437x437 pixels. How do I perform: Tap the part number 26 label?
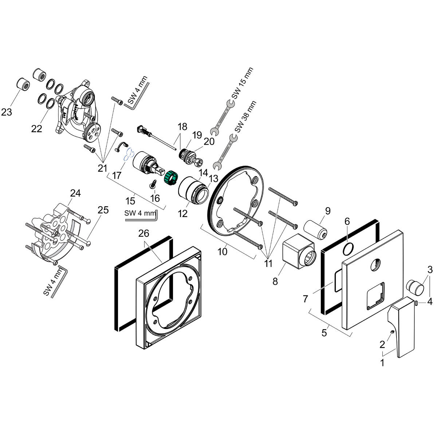coord(144,233)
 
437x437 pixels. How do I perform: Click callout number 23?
coord(7,112)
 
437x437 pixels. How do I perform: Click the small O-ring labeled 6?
coord(348,249)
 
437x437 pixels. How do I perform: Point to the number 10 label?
coord(222,251)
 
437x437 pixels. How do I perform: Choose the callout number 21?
coord(102,168)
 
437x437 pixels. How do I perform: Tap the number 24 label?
coord(75,193)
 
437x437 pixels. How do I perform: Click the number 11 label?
coord(268,263)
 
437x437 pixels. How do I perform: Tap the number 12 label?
coord(182,213)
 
